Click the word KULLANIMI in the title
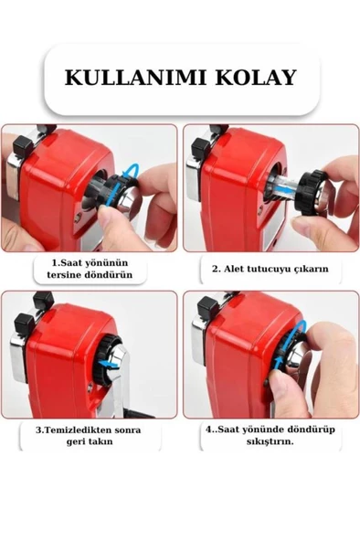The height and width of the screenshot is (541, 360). [x=135, y=78]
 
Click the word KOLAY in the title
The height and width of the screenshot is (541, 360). [x=256, y=78]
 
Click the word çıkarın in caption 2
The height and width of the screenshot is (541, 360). [x=312, y=269]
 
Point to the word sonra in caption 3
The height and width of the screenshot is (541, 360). [x=128, y=430]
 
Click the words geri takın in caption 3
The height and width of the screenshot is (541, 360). [x=90, y=441]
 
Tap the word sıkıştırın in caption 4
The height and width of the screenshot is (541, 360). [x=270, y=441]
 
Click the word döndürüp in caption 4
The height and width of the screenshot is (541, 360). [x=313, y=430]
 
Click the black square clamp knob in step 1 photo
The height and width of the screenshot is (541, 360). [x=23, y=144]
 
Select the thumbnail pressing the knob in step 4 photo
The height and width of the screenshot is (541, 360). [x=278, y=382]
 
